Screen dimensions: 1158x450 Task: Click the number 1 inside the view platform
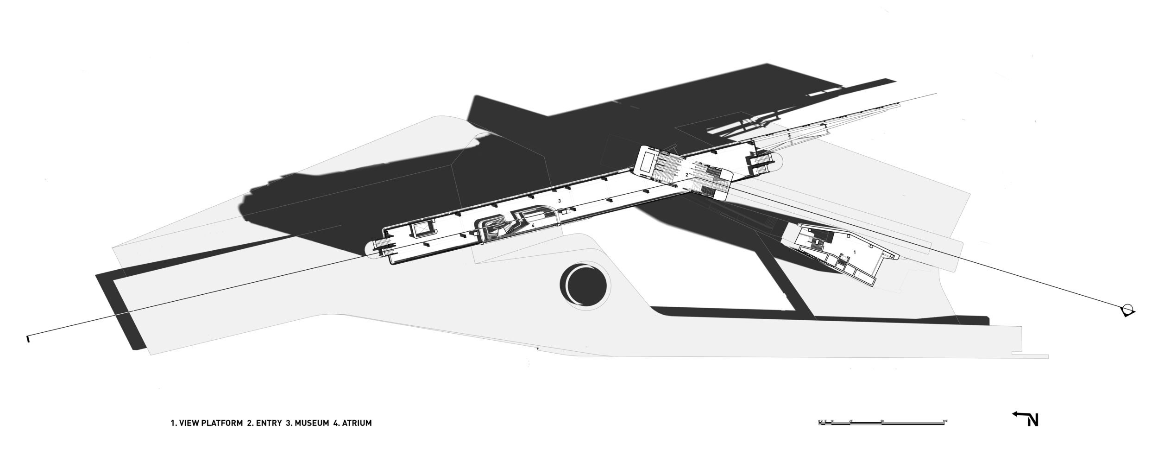click(x=854, y=251)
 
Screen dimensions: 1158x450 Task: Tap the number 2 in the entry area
click(x=687, y=175)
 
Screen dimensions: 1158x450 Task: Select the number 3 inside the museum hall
click(x=560, y=201)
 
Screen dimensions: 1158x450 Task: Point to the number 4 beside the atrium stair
click(x=533, y=225)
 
